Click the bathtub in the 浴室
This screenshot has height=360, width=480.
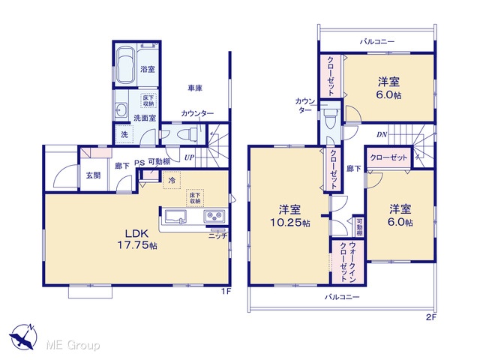click(125, 65)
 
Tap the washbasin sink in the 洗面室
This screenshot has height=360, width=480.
click(121, 109)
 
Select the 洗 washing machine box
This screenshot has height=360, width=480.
click(124, 134)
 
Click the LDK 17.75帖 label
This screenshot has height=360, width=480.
click(137, 239)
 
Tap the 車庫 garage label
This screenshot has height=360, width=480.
click(195, 88)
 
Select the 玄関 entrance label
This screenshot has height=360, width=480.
click(93, 175)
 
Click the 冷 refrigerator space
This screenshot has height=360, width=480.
click(172, 180)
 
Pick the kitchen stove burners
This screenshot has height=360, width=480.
click(214, 216)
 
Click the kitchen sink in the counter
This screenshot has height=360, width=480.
click(175, 217)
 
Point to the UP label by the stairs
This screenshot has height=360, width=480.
click(190, 157)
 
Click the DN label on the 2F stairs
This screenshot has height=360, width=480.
click(382, 134)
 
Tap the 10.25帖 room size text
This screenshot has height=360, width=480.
click(289, 223)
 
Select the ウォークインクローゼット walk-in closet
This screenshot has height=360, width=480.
click(348, 262)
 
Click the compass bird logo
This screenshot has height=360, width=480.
click(23, 337)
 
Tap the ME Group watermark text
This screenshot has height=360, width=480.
click(73, 345)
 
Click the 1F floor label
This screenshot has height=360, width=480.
click(226, 292)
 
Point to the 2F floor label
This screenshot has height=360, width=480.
click(430, 317)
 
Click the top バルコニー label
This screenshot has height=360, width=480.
click(377, 41)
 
